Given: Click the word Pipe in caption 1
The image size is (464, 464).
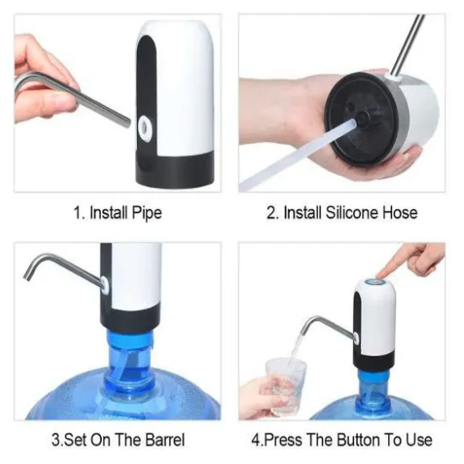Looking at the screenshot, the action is pyautogui.click(x=147, y=213).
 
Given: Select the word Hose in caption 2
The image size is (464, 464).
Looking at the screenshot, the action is pyautogui.click(x=400, y=213).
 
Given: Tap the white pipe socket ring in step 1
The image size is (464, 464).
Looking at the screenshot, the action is pyautogui.click(x=144, y=128).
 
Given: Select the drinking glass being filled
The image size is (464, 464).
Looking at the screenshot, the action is pyautogui.click(x=285, y=386).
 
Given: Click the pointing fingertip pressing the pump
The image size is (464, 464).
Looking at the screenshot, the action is pyautogui.click(x=381, y=273).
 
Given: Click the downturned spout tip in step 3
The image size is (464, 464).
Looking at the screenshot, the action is pyautogui.click(x=28, y=277).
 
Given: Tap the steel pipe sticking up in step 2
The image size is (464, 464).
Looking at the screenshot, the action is pyautogui.click(x=409, y=45).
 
